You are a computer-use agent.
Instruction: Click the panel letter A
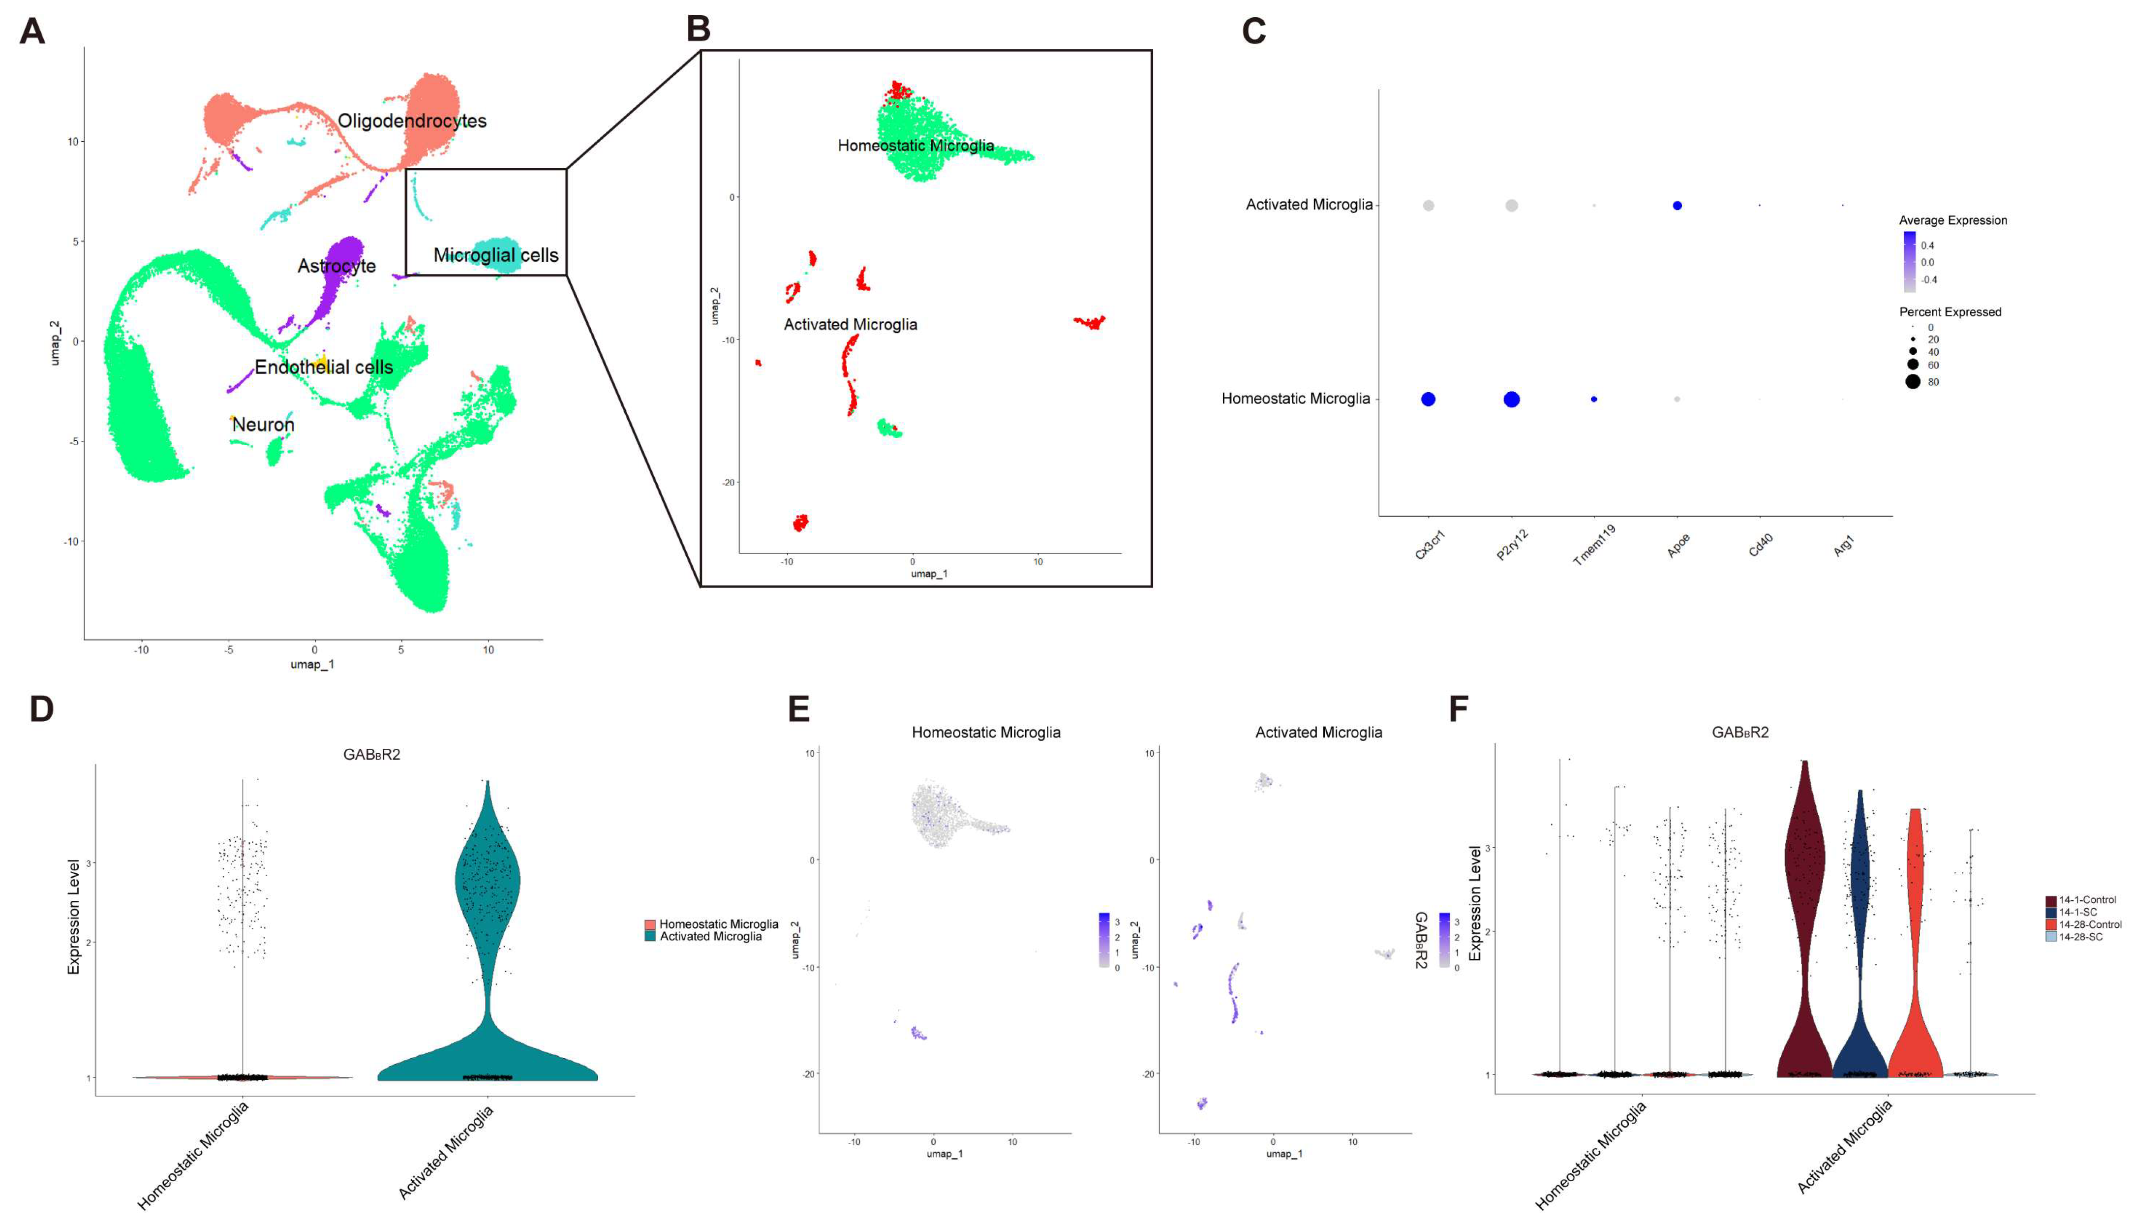(32, 32)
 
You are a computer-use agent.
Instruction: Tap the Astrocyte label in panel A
(336, 266)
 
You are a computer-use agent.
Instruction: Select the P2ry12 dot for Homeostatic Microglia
(1511, 399)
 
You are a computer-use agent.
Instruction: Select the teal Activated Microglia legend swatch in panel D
(650, 936)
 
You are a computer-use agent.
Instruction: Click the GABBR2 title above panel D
(371, 755)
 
